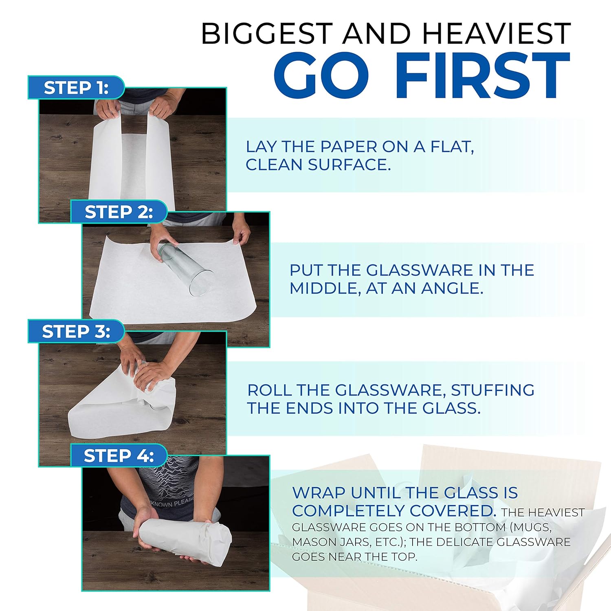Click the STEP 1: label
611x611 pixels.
[76, 88]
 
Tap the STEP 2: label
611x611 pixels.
[119, 212]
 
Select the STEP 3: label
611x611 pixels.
[76, 332]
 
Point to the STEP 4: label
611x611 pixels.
[119, 456]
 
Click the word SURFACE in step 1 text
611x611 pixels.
[349, 165]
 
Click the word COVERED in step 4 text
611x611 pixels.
[452, 510]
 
